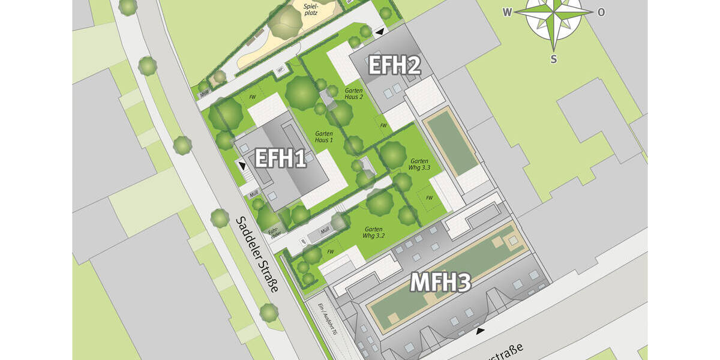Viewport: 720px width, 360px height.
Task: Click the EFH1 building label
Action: pos(281,159)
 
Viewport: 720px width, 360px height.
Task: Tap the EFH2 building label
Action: pos(394,65)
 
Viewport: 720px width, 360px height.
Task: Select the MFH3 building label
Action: pos(442,282)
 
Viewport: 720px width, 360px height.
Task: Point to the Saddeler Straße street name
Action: pos(256,254)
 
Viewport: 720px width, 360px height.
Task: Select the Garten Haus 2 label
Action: pos(354,93)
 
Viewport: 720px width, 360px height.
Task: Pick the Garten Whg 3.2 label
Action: pos(373,233)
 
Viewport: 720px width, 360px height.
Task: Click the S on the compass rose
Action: pos(554,58)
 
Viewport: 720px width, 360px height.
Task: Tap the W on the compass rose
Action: pos(507,12)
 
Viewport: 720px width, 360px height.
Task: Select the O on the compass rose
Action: pos(601,12)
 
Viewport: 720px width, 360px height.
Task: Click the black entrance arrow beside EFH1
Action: pos(242,165)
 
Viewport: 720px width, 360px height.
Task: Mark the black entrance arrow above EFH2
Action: pos(379,31)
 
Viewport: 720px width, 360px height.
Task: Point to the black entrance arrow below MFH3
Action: pos(480,331)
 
